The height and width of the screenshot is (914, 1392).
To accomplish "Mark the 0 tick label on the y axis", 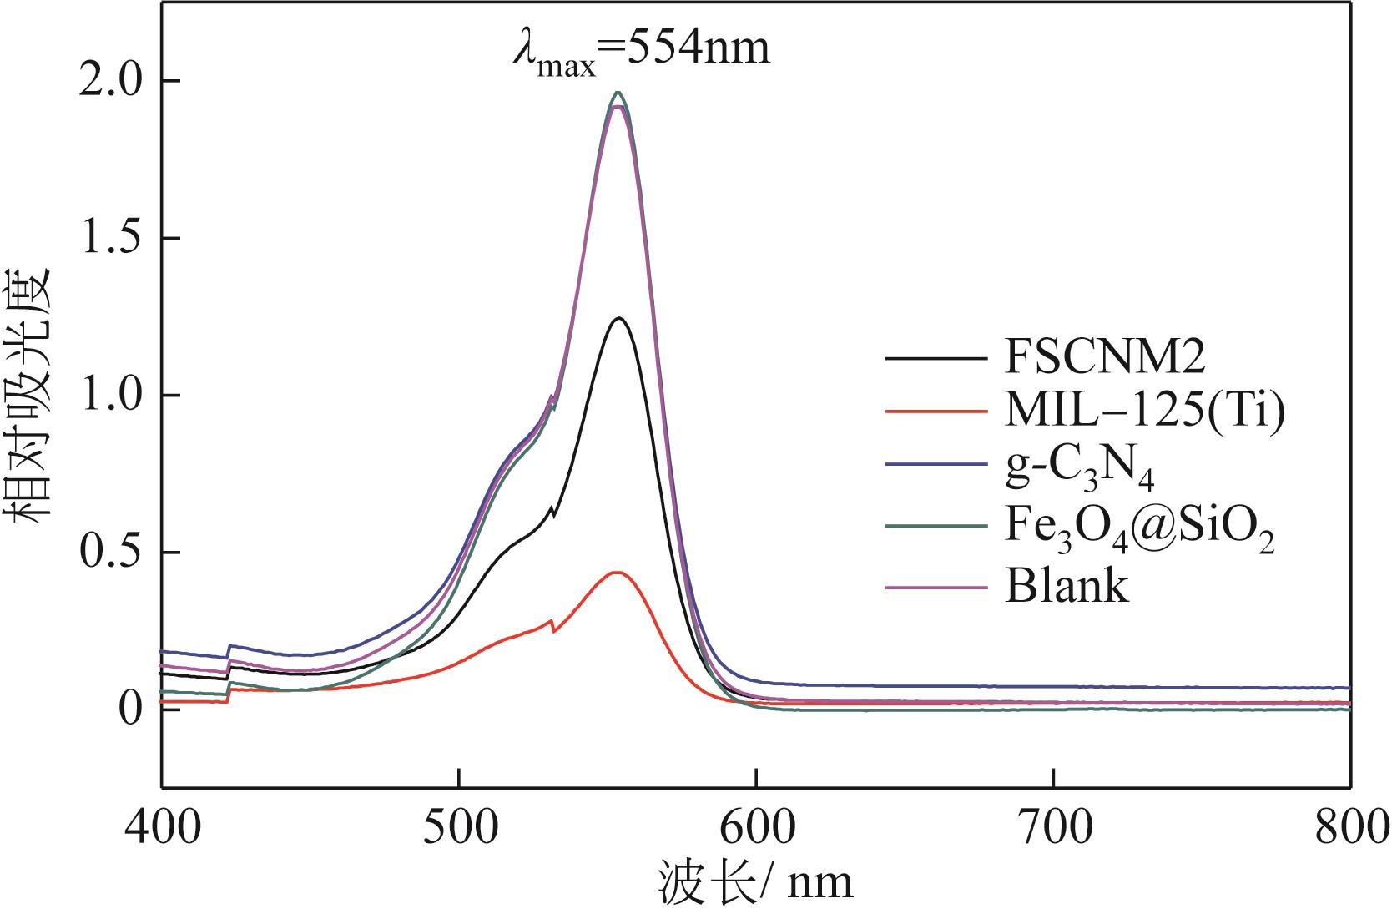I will pyautogui.click(x=129, y=709).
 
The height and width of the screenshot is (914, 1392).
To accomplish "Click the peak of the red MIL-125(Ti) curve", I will pyautogui.click(x=617, y=573).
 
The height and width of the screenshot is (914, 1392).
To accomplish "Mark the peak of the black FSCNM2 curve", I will pyautogui.click(x=619, y=318).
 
